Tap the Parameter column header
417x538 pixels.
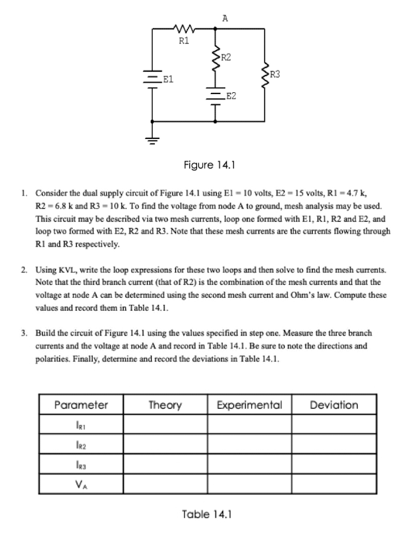coord(81,405)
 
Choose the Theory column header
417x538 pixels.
coord(165,405)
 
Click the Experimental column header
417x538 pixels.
coord(250,405)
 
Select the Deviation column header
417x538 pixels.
coord(334,405)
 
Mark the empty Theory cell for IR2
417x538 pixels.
coord(165,443)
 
